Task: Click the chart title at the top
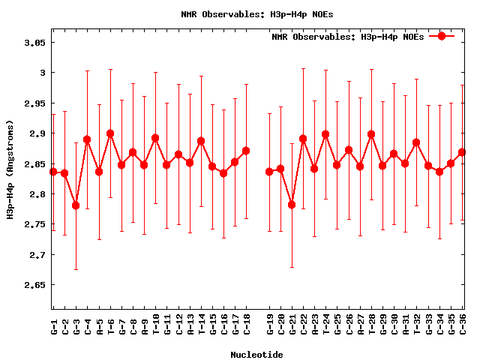tap(247, 13)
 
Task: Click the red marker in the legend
tap(442, 36)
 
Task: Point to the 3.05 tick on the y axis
tap(34, 43)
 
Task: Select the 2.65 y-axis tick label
tap(34, 286)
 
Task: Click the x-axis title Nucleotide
tap(256, 355)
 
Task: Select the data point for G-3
tap(76, 205)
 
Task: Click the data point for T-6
tap(110, 133)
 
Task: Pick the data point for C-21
tap(292, 205)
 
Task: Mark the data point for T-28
tap(371, 134)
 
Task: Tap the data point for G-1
tap(53, 172)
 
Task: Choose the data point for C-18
tap(246, 151)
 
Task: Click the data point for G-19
tap(269, 172)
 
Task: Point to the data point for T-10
tap(155, 138)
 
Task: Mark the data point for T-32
tap(416, 142)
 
